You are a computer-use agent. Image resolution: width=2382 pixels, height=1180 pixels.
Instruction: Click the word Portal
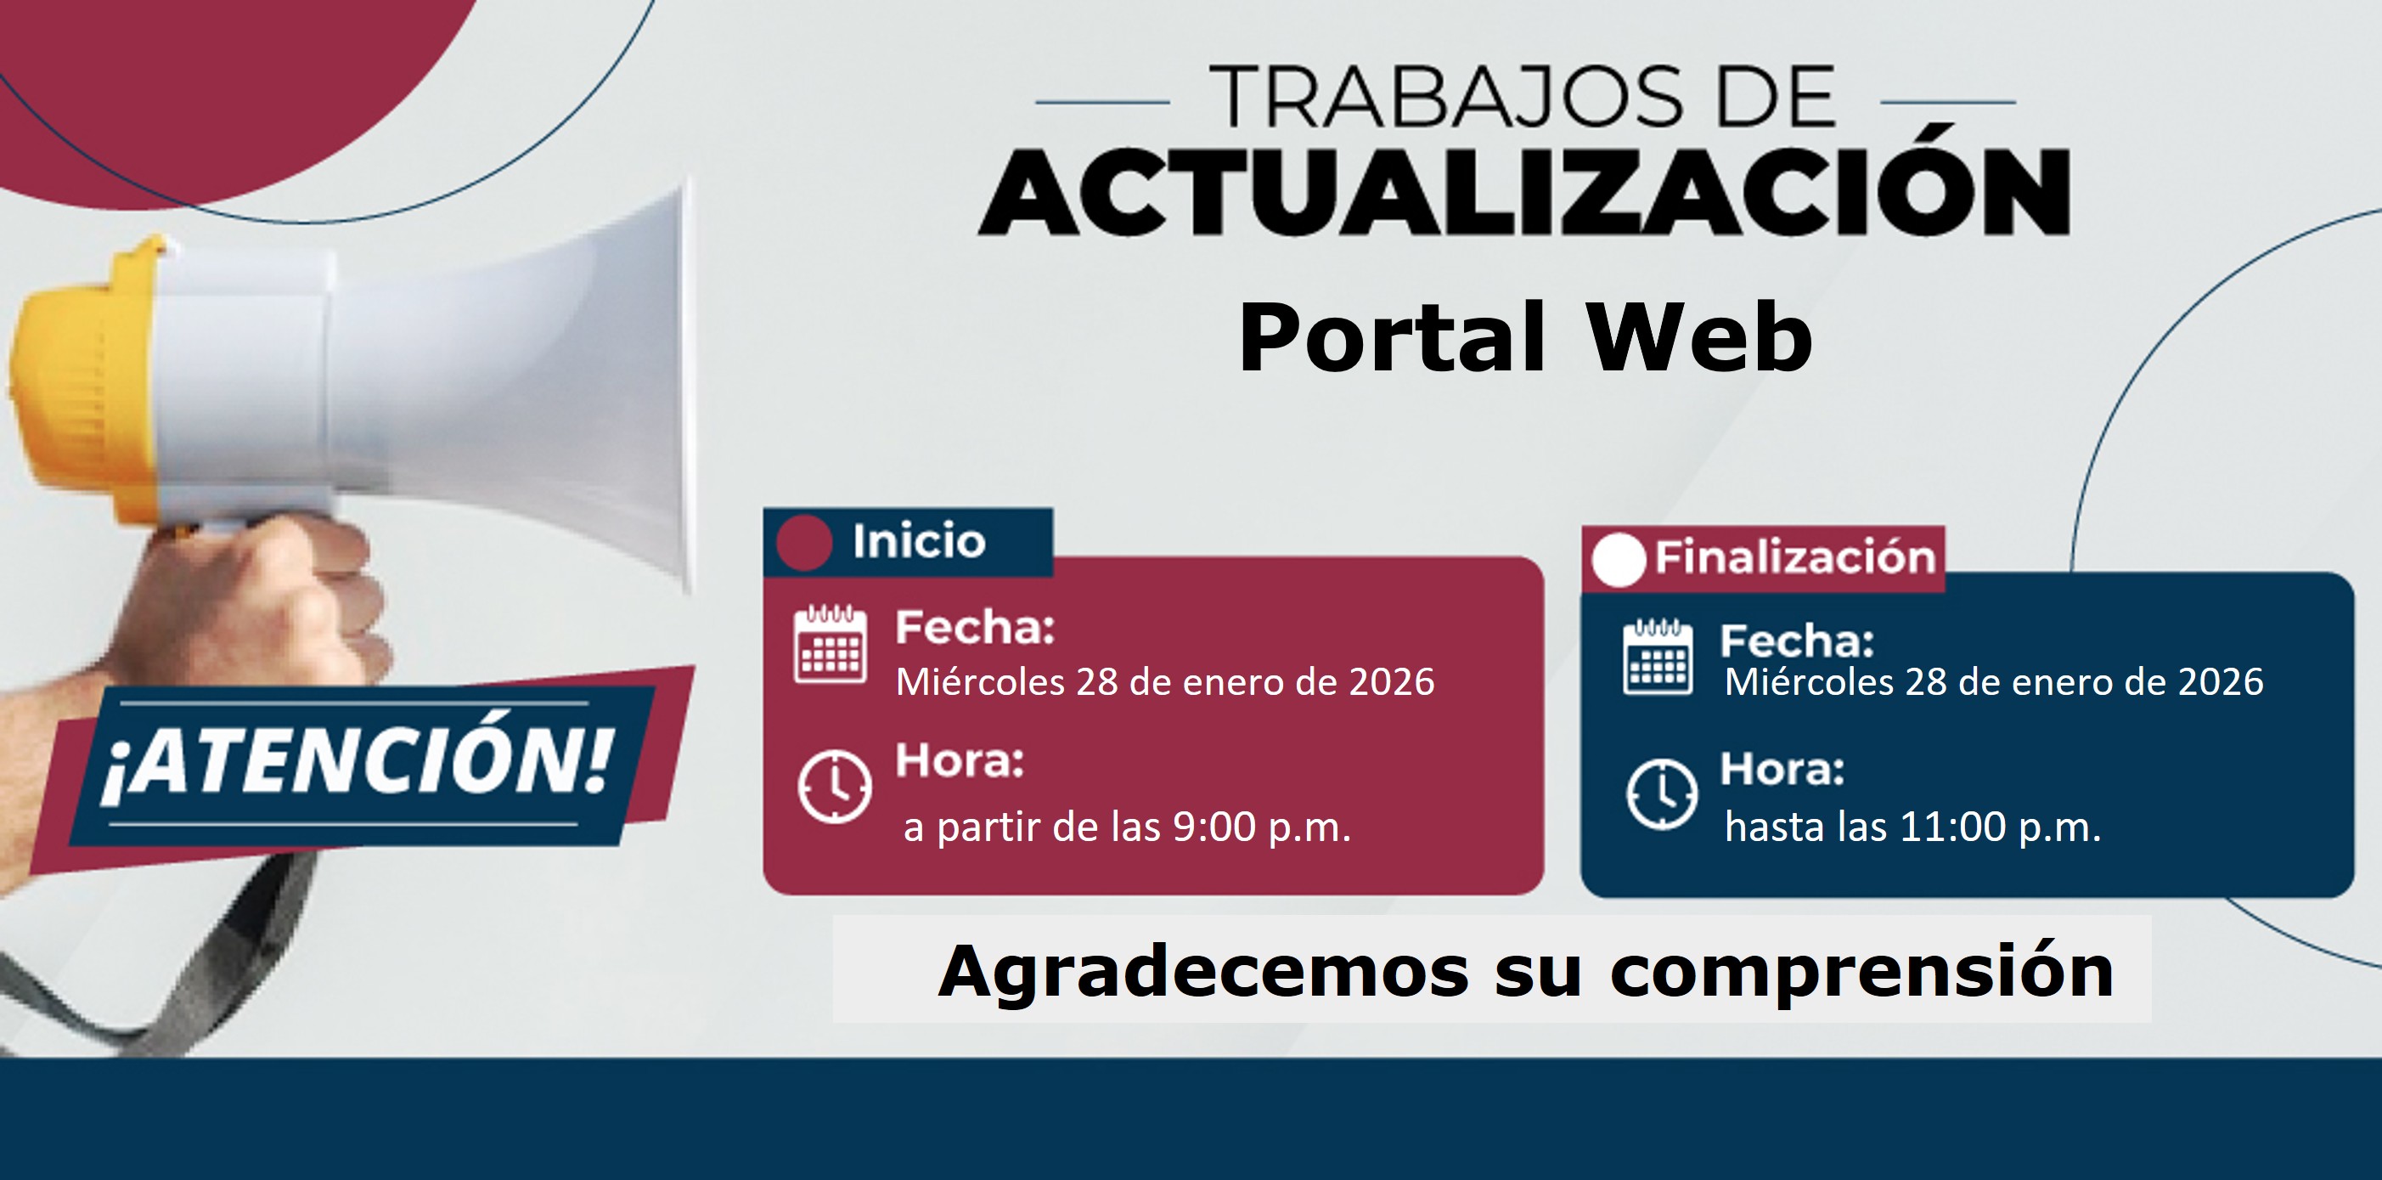[1392, 337]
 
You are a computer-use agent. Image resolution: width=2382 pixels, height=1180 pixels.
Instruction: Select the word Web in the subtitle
[1699, 337]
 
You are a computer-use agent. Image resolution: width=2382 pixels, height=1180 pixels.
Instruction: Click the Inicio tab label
[918, 541]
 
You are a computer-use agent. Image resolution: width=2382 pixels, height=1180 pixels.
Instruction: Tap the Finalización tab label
[1795, 557]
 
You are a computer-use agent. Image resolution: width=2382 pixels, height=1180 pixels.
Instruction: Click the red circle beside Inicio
[804, 542]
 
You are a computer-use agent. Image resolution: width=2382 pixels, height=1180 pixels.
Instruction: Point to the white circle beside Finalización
[1619, 560]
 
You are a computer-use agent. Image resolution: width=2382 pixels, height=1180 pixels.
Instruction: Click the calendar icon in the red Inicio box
[831, 644]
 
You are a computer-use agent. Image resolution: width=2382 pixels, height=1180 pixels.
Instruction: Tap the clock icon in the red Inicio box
[834, 787]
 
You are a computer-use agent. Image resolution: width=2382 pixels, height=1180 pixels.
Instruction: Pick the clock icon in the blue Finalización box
[1662, 793]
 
